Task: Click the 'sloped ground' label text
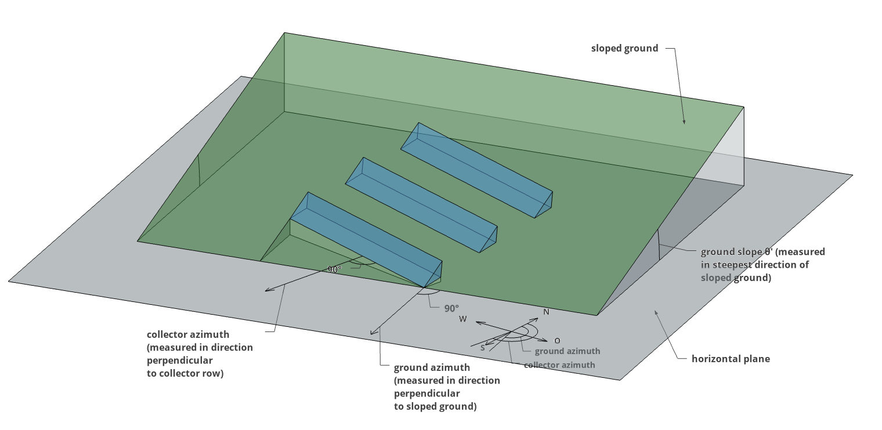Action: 624,48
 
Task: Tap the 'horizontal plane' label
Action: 731,359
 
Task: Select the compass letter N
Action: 546,312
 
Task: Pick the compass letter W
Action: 462,319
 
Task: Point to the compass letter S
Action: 482,348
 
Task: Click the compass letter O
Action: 557,341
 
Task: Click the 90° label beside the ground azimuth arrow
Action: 451,308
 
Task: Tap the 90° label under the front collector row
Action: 335,269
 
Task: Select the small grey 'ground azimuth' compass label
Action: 567,351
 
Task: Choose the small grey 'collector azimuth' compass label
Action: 559,365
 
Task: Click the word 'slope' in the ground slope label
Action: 747,252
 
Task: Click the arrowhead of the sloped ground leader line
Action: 684,122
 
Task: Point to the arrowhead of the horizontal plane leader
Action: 656,312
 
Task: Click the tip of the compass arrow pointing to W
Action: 476,322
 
